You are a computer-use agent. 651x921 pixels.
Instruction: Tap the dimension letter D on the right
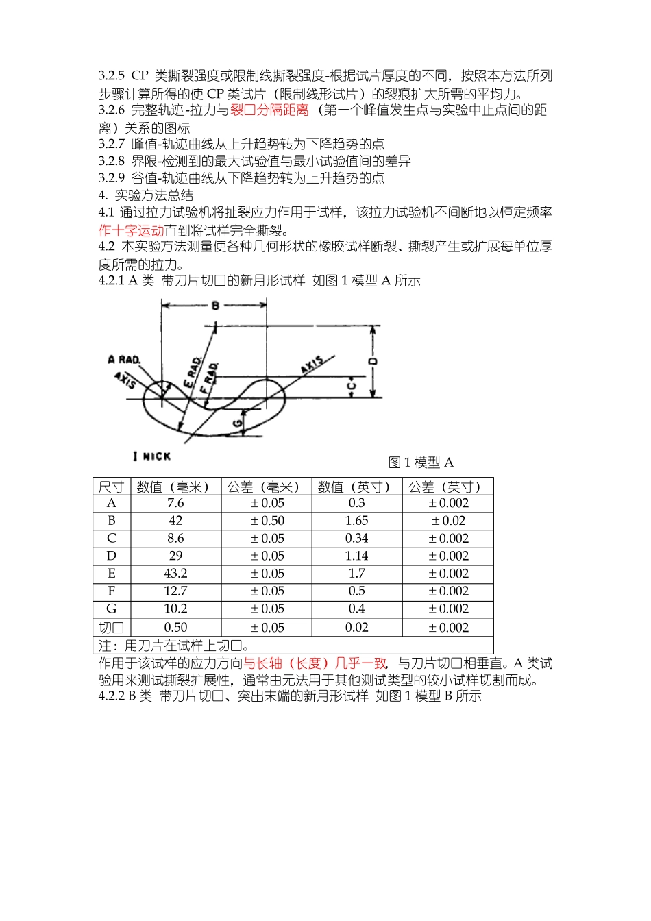pos(373,360)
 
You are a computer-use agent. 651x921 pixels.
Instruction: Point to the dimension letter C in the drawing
pos(351,386)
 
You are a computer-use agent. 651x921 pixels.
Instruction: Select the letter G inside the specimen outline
pos(237,423)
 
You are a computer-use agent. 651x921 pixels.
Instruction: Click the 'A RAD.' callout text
pos(123,359)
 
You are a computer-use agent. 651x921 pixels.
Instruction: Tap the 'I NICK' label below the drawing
pos(151,456)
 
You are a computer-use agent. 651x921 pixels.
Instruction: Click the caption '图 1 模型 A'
pos(421,463)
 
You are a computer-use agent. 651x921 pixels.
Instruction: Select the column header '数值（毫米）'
pos(175,487)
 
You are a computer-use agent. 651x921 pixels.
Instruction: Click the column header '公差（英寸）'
pos(447,487)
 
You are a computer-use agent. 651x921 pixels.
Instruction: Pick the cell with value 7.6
pos(175,503)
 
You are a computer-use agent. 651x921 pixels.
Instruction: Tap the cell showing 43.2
pos(175,574)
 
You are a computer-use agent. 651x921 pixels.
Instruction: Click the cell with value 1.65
pos(356,521)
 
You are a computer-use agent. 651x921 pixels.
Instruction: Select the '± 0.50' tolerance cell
pos(267,521)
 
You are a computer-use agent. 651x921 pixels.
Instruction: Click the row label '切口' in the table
pos(111,628)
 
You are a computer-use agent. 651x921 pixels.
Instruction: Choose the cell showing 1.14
pos(356,556)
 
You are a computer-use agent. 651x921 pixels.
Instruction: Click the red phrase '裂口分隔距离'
pos(269,110)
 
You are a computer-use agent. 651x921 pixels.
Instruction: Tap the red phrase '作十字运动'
pos(131,230)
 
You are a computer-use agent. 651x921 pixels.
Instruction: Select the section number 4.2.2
pos(112,696)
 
